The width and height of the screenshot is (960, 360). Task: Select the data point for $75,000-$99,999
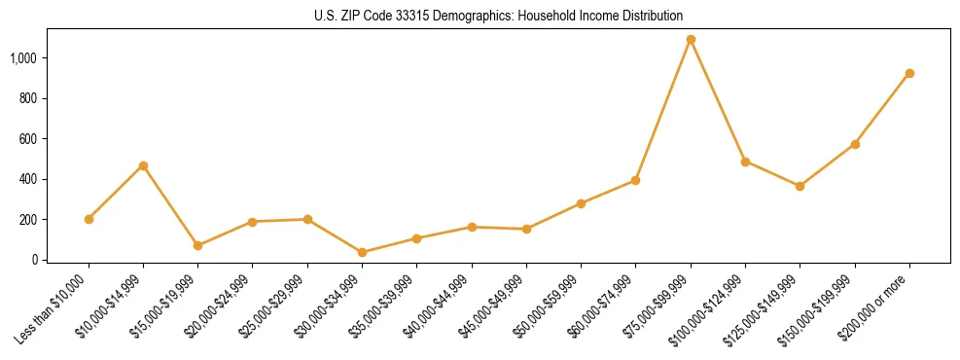coord(691,40)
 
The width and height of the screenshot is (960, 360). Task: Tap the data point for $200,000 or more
coord(909,73)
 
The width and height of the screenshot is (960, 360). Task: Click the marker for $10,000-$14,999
coord(143,165)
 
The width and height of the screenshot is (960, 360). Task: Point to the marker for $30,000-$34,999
coord(362,252)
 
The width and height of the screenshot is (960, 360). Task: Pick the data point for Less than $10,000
coord(89,219)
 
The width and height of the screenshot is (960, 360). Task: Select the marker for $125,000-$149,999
coord(800,186)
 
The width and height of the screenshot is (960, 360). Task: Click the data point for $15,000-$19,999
coord(197,245)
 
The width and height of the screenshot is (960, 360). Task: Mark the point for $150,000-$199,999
coord(855,144)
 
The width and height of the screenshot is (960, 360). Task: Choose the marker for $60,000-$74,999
coord(635,180)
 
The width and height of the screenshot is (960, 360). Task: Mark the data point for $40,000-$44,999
coord(472,227)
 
